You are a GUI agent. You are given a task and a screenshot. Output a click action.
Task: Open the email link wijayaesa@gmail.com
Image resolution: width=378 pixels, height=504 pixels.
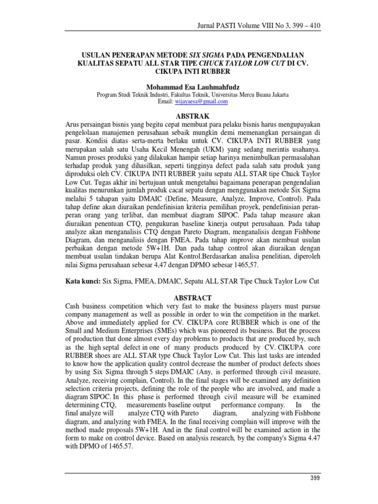pos(202,101)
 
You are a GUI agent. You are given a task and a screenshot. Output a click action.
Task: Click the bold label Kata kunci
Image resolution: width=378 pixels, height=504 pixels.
pos(81,281)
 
